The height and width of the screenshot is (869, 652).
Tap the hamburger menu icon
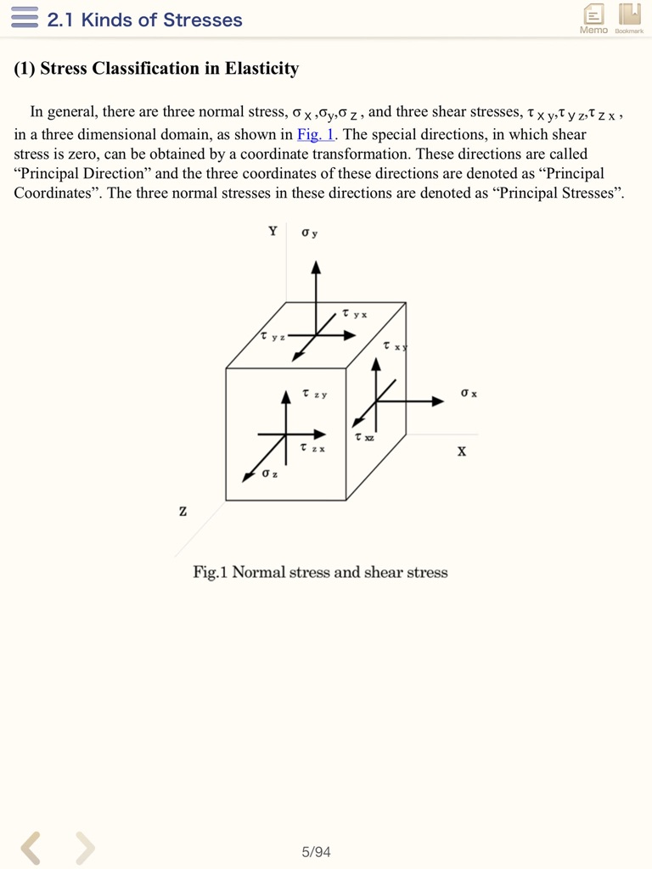(x=25, y=18)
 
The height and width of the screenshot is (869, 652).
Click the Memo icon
(x=593, y=17)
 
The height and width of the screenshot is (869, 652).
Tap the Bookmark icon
(x=629, y=17)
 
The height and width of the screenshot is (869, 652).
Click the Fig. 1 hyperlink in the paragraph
(x=316, y=134)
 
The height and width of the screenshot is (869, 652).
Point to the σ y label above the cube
(x=309, y=233)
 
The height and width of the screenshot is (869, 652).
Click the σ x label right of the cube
(x=469, y=393)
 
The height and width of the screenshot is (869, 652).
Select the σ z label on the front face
(x=270, y=473)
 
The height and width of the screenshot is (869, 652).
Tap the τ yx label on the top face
(x=355, y=314)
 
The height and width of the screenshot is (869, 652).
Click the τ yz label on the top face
(x=273, y=337)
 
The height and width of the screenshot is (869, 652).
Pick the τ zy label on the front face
(x=314, y=394)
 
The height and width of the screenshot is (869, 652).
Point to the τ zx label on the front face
(x=312, y=447)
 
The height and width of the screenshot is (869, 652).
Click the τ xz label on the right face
(x=364, y=437)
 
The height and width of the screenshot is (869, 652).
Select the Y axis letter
(x=273, y=231)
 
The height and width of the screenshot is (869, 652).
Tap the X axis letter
(x=461, y=451)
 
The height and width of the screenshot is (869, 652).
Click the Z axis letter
(x=183, y=512)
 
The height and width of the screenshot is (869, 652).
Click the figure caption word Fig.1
(x=211, y=572)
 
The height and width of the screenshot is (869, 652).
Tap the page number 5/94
(x=316, y=851)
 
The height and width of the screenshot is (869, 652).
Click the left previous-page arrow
(x=31, y=847)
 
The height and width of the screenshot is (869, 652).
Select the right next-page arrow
(x=85, y=847)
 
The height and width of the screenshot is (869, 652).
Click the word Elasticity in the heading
(x=261, y=69)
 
